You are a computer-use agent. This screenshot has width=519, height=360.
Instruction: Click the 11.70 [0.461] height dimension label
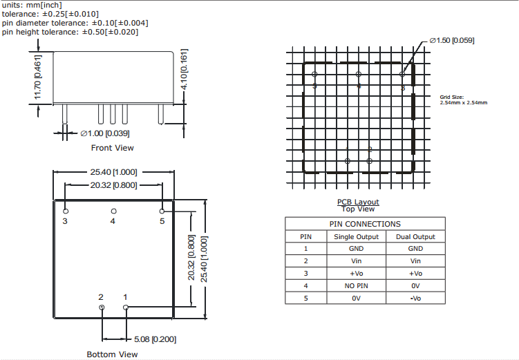38,77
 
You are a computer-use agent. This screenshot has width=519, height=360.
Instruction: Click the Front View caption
113,148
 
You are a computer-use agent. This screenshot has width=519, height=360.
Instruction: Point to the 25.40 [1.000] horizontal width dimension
114,172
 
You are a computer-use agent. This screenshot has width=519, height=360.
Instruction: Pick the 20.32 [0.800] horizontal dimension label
114,184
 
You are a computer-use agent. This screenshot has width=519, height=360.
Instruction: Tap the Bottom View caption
112,354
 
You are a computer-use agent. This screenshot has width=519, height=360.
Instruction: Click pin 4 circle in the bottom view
114,211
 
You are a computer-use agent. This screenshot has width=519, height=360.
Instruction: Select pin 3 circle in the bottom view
66,211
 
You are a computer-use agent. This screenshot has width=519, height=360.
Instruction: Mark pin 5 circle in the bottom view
162,211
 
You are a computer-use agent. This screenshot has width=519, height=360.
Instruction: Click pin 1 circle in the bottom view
125,307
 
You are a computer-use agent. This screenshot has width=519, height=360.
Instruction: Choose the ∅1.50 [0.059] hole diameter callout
452,41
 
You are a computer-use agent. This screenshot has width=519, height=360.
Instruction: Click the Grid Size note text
463,100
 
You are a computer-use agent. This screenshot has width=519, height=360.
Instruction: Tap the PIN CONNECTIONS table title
364,224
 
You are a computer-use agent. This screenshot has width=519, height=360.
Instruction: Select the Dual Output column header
415,236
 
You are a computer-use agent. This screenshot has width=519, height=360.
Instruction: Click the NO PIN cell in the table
356,285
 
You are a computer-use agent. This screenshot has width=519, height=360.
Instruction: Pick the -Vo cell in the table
415,298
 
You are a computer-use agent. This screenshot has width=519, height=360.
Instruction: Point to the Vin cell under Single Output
356,261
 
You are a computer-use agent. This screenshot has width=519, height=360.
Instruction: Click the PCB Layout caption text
358,202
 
